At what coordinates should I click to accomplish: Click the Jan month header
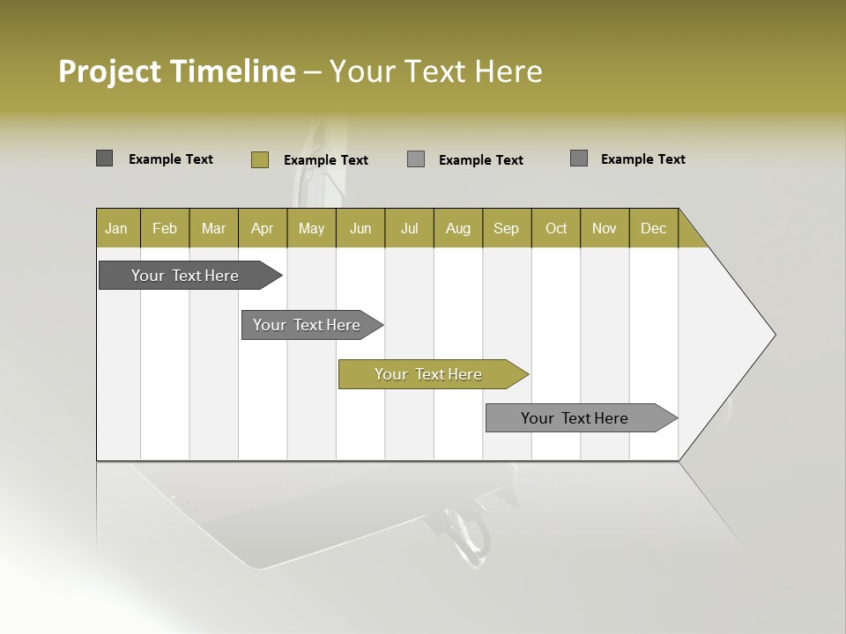click(116, 228)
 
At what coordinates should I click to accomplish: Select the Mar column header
click(213, 228)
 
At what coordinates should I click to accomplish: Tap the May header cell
click(311, 228)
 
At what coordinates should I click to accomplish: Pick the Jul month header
click(409, 228)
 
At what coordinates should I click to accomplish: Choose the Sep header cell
click(506, 228)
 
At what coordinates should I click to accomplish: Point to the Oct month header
click(556, 228)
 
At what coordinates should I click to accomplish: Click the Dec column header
click(653, 228)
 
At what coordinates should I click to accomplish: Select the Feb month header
click(165, 228)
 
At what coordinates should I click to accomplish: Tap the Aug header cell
click(457, 228)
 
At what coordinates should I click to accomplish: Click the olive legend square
click(259, 159)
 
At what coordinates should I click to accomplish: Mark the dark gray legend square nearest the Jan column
click(104, 158)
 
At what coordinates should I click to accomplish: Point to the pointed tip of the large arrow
click(773, 335)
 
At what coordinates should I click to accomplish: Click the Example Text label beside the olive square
click(325, 160)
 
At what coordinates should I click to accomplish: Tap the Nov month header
click(604, 228)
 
